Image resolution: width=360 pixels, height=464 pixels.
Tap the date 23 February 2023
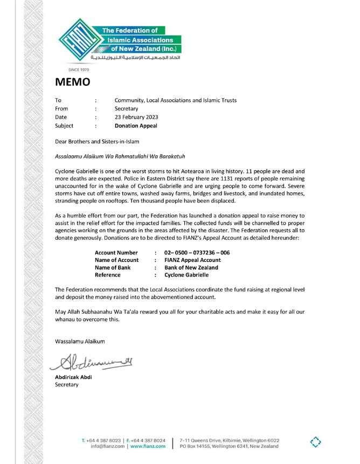pos(136,117)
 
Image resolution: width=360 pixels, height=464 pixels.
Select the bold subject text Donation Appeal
pos(136,126)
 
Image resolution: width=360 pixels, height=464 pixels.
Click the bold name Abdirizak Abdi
pos(73,377)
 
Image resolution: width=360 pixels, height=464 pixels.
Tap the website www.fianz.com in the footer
pos(148,446)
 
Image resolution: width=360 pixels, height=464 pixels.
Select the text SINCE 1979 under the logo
pos(79,70)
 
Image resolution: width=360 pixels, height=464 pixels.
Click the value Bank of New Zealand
pos(191,267)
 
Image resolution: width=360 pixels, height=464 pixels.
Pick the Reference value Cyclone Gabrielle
pos(186,275)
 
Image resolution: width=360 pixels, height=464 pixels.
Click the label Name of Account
pos(116,260)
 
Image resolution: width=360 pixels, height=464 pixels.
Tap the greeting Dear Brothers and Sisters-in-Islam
pos(97,142)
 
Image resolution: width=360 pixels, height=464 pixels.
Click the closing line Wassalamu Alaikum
pos(80,341)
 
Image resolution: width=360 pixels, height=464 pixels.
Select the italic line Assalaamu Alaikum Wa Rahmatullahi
pos(120,157)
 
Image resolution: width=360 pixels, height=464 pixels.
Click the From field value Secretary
pos(127,108)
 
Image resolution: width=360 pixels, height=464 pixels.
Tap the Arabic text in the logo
pos(136,57)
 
